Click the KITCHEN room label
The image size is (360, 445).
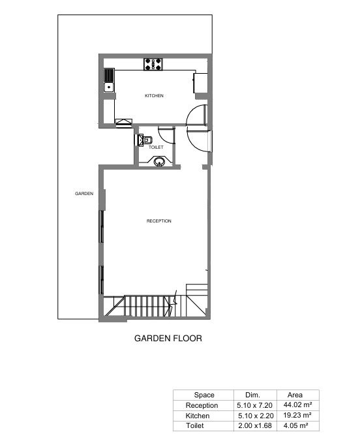click(154, 96)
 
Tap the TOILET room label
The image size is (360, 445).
click(156, 147)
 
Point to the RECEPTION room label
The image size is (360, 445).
click(159, 221)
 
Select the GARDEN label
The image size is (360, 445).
click(84, 194)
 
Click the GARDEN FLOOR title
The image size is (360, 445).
click(168, 338)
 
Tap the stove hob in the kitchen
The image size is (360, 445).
click(153, 64)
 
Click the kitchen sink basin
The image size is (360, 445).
click(109, 87)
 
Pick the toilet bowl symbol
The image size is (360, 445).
click(145, 140)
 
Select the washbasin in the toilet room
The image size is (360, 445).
click(159, 162)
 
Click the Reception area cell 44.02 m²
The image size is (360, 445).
click(297, 405)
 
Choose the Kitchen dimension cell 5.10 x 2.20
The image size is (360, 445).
click(256, 416)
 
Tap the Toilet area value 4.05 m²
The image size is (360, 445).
click(295, 425)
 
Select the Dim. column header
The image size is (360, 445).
click(252, 395)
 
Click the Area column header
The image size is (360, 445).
click(295, 395)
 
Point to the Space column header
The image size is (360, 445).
click(204, 395)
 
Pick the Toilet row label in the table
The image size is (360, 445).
click(195, 425)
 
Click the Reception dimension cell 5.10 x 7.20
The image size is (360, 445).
click(254, 405)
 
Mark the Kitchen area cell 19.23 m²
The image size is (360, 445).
click(297, 415)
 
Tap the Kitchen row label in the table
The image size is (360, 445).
click(198, 416)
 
